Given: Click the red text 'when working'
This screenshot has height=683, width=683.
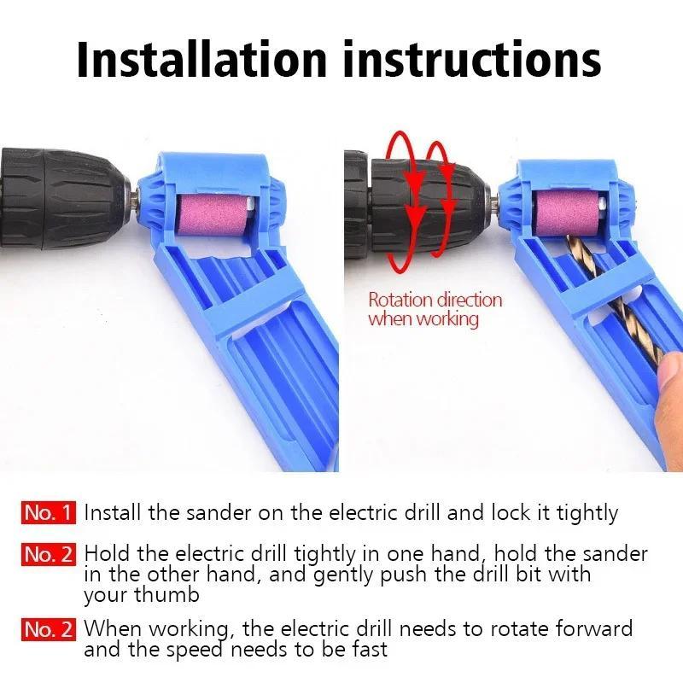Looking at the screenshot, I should [423, 319].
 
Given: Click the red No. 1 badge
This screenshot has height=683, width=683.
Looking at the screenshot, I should [50, 512].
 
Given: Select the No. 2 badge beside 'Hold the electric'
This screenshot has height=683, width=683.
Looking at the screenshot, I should [50, 554].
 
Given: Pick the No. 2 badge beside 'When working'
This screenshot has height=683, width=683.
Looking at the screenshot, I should [50, 630].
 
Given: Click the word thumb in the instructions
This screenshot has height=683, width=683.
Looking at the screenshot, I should [171, 594].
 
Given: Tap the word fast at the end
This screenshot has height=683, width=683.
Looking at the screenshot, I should [367, 650].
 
